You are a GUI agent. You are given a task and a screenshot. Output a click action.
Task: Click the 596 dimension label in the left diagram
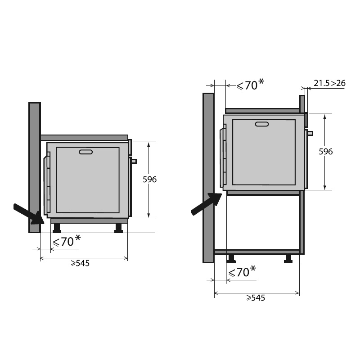(x=149, y=180)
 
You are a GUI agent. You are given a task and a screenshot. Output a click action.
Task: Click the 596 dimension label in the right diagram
(x=325, y=152)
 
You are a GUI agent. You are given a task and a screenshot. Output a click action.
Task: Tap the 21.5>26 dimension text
(x=329, y=83)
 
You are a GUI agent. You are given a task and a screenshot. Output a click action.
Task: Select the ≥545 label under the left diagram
(x=80, y=263)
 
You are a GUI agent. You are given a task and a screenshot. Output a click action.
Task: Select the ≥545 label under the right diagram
(x=255, y=298)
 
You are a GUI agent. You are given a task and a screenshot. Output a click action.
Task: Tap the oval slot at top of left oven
(x=85, y=152)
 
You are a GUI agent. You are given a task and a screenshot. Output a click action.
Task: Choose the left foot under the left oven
(x=57, y=228)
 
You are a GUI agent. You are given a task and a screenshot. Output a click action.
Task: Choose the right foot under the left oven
(x=118, y=228)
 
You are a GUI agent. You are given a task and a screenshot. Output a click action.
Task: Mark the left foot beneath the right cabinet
(x=231, y=258)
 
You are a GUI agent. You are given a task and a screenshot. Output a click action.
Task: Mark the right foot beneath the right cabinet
(x=288, y=258)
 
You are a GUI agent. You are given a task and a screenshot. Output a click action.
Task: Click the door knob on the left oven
(x=134, y=161)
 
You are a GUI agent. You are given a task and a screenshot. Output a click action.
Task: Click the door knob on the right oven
(x=310, y=133)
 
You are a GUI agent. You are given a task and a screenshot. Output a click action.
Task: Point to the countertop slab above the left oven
(x=84, y=137)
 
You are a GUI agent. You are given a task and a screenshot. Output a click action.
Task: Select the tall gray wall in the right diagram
(x=208, y=178)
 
